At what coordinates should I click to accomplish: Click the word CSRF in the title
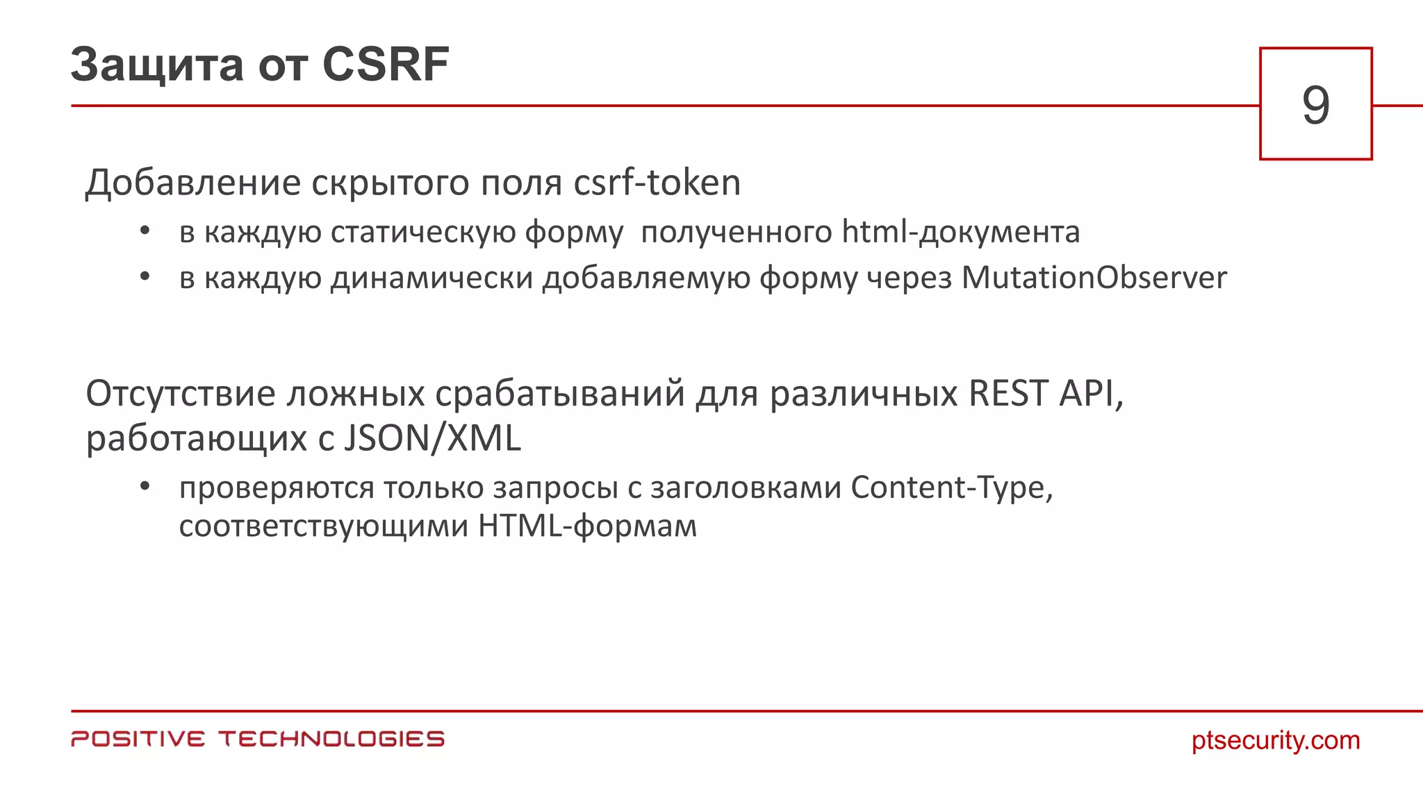[x=386, y=65]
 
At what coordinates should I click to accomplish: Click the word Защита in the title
[x=157, y=66]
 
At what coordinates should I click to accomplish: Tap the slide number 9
[x=1315, y=105]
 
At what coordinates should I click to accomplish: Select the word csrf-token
[x=657, y=183]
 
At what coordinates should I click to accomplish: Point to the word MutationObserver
[x=1094, y=278]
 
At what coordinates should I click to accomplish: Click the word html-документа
[x=961, y=233]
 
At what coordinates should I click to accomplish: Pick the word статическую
[x=422, y=233]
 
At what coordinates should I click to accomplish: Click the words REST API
[x=1044, y=394]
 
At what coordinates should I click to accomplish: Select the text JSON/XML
[x=432, y=439]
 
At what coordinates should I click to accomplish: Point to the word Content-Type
[x=950, y=487]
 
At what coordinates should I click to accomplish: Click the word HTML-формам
[x=587, y=526]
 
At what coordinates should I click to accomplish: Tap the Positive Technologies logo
[x=258, y=739]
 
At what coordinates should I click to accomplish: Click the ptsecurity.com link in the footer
[x=1276, y=740]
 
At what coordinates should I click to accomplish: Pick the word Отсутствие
[x=181, y=394]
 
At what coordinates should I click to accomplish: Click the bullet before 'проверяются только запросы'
[x=145, y=486]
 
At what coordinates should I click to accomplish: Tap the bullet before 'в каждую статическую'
[x=145, y=231]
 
